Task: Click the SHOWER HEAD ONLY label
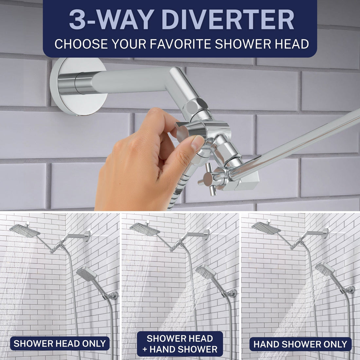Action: tap(60, 344)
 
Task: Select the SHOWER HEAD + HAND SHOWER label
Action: tap(180, 344)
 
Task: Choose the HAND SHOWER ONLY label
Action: tap(300, 344)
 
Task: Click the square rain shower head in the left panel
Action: tap(25, 230)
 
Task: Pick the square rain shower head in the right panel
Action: tap(266, 228)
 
